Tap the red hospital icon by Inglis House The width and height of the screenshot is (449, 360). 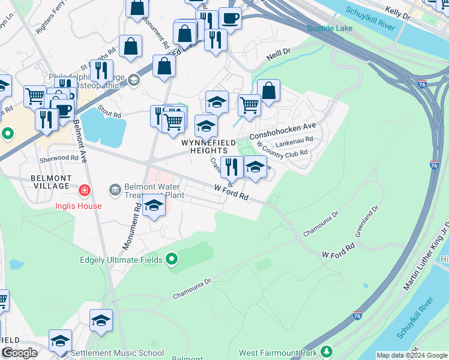(85, 191)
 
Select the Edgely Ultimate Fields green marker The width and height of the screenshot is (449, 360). (172, 260)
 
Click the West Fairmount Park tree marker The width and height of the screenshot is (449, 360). (327, 351)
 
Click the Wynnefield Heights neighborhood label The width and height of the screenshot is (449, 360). (204, 146)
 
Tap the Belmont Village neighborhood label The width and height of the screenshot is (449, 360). (52, 182)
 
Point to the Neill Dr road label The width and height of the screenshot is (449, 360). (279, 56)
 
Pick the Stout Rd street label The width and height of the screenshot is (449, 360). (109, 114)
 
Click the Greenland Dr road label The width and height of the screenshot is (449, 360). (367, 221)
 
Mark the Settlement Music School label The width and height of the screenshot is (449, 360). (117, 353)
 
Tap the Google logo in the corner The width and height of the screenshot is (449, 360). (19, 353)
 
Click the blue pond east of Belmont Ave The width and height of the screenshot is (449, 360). (103, 128)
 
